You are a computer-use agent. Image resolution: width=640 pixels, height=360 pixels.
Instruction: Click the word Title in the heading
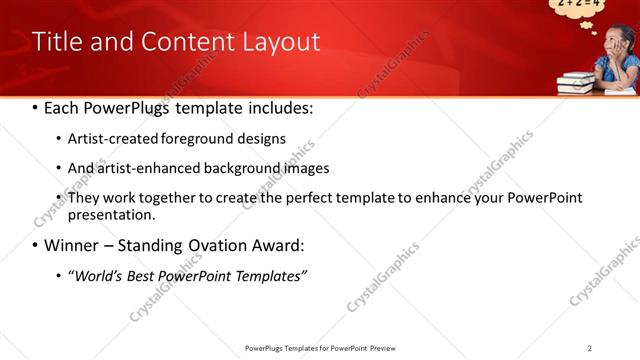click(x=57, y=42)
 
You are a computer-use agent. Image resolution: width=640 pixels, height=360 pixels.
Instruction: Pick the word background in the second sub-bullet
click(x=236, y=168)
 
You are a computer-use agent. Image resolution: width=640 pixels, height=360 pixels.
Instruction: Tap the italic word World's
click(x=96, y=275)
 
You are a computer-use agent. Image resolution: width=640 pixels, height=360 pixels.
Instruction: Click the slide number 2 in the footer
click(x=590, y=348)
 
